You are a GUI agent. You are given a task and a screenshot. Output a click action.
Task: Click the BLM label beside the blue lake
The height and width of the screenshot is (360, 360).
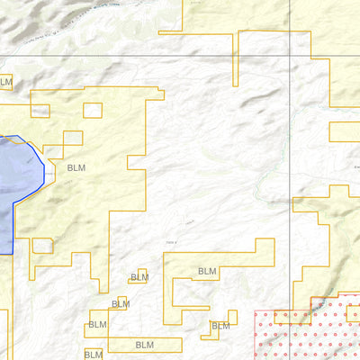tap(77, 167)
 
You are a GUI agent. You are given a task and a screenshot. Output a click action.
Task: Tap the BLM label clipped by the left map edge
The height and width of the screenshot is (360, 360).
tap(5, 82)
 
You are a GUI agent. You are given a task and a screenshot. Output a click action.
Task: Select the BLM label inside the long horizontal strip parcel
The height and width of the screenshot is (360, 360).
tap(144, 345)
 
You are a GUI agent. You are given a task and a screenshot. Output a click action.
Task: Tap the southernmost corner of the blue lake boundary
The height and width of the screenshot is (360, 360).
tap(11, 254)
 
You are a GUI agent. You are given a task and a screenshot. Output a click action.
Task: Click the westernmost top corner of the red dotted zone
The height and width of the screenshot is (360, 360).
tap(255, 311)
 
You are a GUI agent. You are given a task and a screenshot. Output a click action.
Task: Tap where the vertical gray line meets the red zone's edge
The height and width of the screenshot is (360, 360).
tap(289, 311)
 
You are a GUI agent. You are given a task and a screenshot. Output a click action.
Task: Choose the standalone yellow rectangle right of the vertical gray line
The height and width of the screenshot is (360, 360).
tap(344, 131)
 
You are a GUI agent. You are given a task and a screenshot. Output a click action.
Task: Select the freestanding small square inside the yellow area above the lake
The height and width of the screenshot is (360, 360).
tap(93, 111)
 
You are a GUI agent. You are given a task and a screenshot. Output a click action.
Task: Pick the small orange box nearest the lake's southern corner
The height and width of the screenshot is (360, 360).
tap(42, 245)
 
